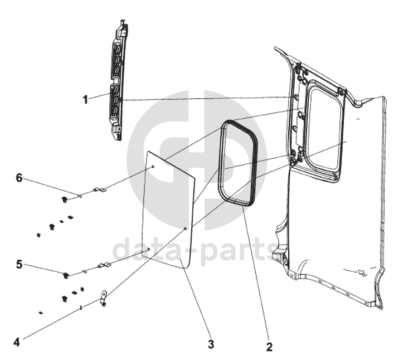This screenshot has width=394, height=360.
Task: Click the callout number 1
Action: pos(85,100)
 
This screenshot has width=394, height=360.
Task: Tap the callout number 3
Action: pos(211,344)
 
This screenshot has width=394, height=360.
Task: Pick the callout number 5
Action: pos(19,265)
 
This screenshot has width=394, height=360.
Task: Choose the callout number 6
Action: pos(19,178)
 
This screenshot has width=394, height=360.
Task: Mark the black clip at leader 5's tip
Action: pos(66,274)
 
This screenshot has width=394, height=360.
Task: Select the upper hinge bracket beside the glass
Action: pos(100,191)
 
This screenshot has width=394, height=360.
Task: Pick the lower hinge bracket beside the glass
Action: pos(103,266)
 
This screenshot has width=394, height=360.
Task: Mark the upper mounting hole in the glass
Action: pos(154,167)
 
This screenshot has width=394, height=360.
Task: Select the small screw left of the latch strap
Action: pos(81,307)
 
